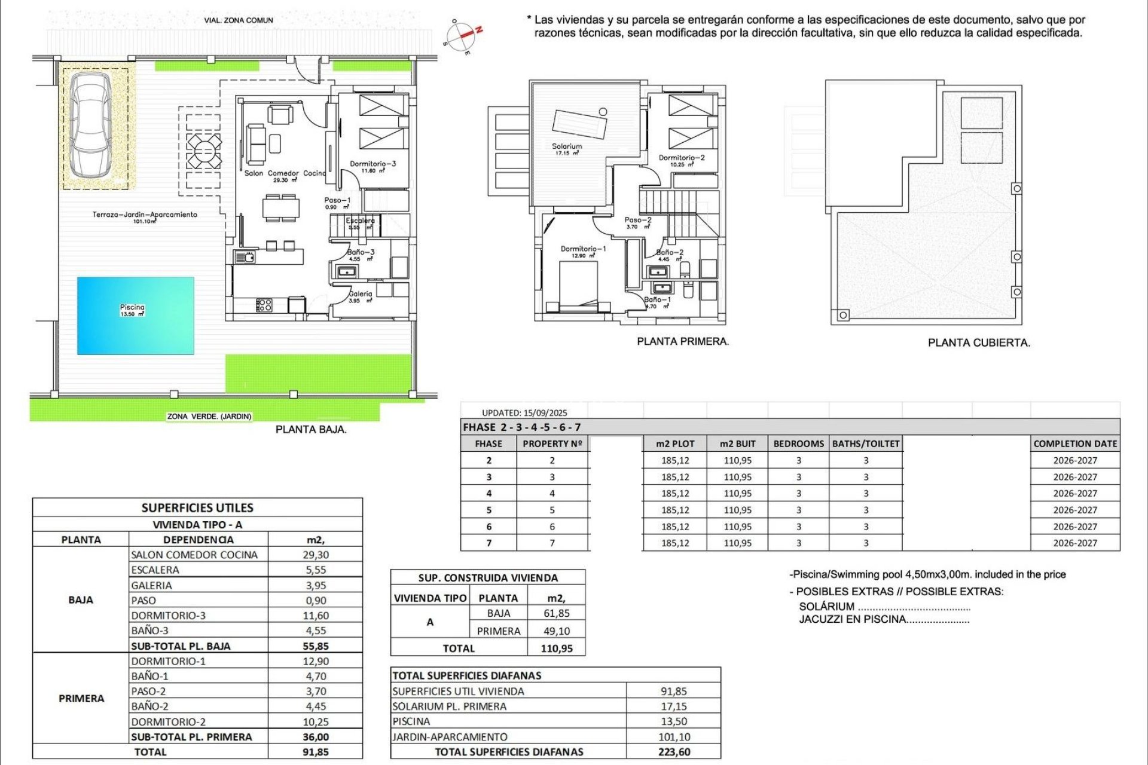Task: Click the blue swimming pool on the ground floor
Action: click(x=136, y=316)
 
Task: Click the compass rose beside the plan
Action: click(x=463, y=36)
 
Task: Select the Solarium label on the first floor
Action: click(x=566, y=146)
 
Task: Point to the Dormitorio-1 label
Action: click(x=583, y=249)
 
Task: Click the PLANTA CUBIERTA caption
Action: click(x=979, y=343)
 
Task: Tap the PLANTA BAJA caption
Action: click(x=311, y=429)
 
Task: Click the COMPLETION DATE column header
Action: click(x=1075, y=444)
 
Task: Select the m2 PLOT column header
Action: click(x=675, y=444)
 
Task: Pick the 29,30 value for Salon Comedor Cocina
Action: click(x=316, y=555)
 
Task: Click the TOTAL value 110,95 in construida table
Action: click(x=556, y=648)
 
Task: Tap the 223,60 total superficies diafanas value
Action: click(x=674, y=752)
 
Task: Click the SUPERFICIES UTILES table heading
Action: click(x=197, y=508)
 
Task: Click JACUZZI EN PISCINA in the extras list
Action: click(x=852, y=620)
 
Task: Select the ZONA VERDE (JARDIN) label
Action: click(x=209, y=417)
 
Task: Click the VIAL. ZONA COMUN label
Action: click(x=239, y=20)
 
